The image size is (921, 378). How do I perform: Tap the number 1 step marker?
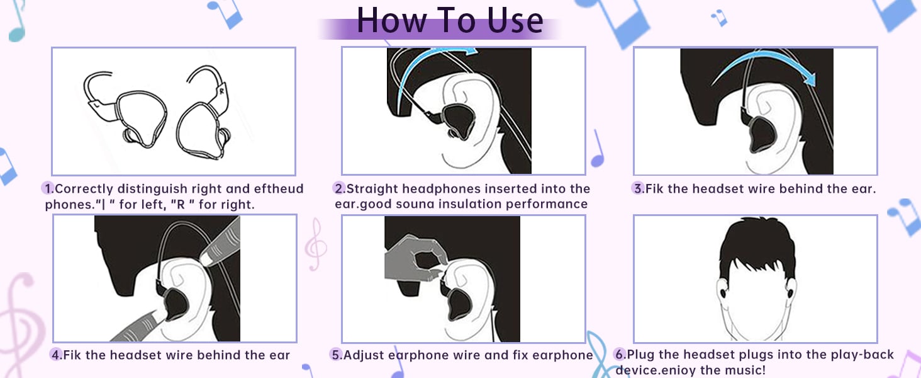48,188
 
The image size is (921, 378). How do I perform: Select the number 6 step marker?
620,355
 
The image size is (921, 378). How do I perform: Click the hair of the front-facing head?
755,249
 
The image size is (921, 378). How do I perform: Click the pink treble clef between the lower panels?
315,245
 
